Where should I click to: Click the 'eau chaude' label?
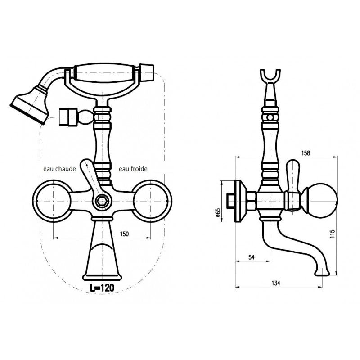click(x=59, y=169)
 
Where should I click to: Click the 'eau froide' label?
click(x=133, y=169)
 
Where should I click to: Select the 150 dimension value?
click(x=124, y=234)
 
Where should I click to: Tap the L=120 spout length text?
click(x=102, y=288)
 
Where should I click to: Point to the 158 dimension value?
click(x=306, y=153)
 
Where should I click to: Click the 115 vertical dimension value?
click(x=333, y=234)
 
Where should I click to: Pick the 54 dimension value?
click(x=252, y=257)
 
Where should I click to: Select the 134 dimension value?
click(x=276, y=283)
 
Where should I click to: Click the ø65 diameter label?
click(x=218, y=212)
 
